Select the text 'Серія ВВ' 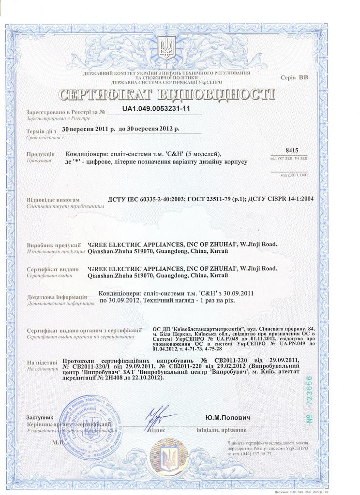tap(294, 77)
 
